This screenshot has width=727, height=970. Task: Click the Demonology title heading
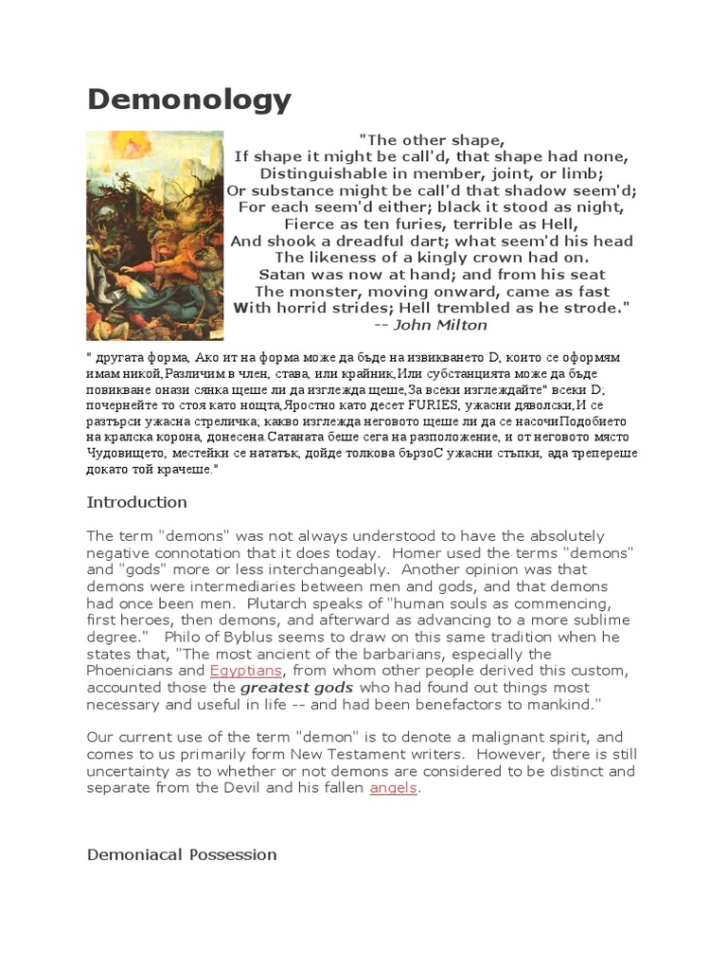(x=189, y=99)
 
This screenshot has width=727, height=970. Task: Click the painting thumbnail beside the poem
(x=155, y=235)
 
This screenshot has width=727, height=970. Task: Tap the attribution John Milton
(x=444, y=325)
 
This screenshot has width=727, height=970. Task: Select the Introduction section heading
(x=136, y=502)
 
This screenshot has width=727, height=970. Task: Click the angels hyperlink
(x=393, y=788)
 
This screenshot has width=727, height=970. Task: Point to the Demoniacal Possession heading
(x=182, y=854)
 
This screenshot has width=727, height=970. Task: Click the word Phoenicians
(x=129, y=671)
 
